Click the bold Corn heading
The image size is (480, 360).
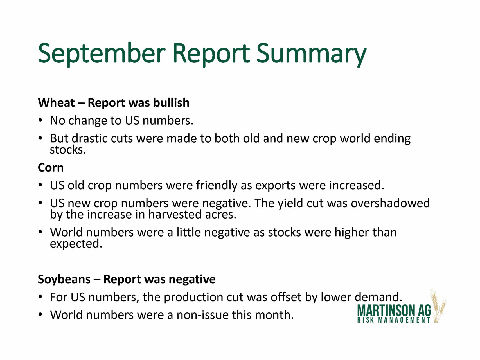coord(51,168)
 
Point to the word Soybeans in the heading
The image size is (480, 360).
coord(64,280)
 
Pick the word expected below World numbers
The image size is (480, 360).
coord(76,244)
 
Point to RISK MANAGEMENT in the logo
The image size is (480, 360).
coord(394,320)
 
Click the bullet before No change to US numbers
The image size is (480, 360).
coord(40,121)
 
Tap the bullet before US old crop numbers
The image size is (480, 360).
coord(40,186)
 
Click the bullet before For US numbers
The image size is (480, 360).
coord(40,297)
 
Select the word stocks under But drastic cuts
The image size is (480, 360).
coord(68,150)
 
